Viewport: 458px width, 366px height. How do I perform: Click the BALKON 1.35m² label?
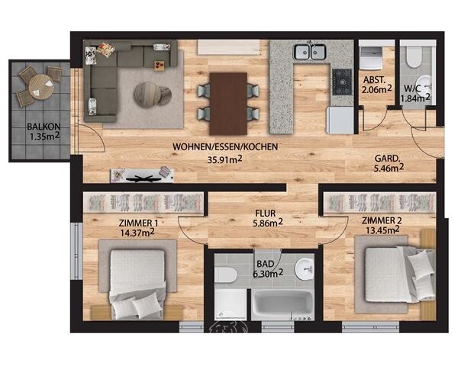click(x=44, y=132)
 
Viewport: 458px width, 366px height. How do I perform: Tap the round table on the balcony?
click(x=41, y=87)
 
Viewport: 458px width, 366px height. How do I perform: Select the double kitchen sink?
click(x=310, y=52)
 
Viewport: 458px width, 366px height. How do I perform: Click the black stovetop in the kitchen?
click(x=342, y=82)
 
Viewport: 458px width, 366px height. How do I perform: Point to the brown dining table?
click(x=228, y=104)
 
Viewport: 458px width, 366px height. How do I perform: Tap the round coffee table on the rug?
click(x=152, y=95)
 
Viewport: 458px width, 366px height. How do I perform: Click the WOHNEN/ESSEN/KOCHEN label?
click(x=225, y=147)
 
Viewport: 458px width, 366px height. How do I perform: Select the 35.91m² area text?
click(x=225, y=159)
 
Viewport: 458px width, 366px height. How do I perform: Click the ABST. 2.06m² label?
click(x=377, y=85)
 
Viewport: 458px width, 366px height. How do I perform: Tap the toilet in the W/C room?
click(x=414, y=57)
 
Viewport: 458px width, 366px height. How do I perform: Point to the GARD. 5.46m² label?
click(x=389, y=163)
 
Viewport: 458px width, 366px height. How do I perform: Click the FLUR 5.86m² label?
click(x=268, y=218)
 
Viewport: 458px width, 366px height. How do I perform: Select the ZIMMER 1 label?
click(x=138, y=223)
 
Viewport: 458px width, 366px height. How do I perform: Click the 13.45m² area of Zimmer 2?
click(x=382, y=230)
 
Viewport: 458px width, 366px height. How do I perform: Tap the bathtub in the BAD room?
click(x=282, y=304)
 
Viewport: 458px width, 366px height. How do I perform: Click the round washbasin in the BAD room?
click(x=305, y=268)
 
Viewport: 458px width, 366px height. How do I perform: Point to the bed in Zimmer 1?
click(x=137, y=284)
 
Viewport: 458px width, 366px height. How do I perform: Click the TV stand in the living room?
click(x=142, y=175)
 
